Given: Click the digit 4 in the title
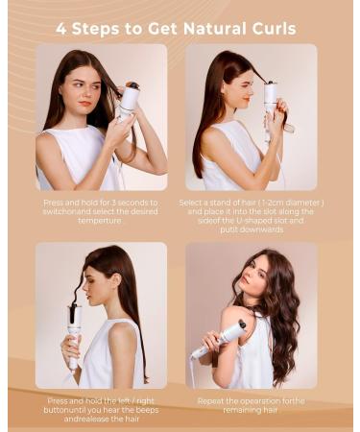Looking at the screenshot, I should point(61,29).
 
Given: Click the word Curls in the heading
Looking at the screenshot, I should point(270,29).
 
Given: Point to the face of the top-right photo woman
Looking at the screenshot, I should point(239,85).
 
